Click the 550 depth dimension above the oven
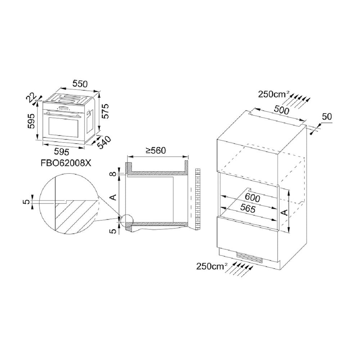(80, 84)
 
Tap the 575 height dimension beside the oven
(105, 111)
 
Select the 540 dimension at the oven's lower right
(104, 142)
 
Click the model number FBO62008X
(66, 163)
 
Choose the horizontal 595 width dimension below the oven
(61, 152)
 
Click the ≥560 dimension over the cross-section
(156, 150)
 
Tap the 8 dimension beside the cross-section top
(113, 174)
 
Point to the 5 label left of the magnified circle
(27, 202)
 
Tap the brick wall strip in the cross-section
(198, 199)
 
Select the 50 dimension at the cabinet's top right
(327, 117)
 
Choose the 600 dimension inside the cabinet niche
(252, 198)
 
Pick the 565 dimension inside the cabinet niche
(248, 208)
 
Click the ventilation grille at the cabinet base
(249, 258)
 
